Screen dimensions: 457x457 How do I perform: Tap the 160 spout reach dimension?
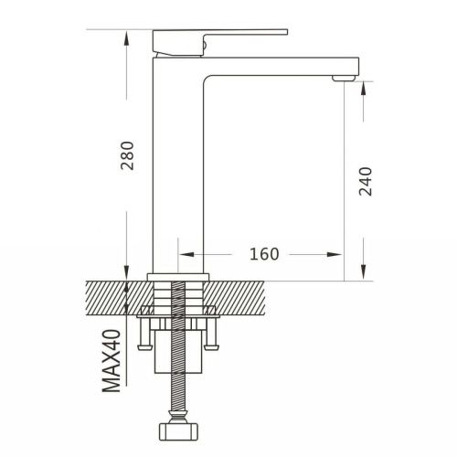(x=263, y=253)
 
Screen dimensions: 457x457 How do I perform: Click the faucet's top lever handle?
(x=219, y=38)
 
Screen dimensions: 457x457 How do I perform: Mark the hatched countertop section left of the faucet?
(x=114, y=294)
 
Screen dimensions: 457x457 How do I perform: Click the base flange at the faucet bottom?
(x=179, y=275)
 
